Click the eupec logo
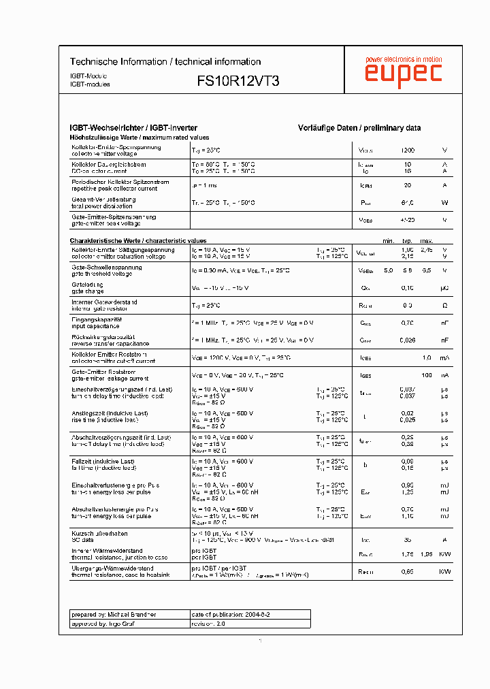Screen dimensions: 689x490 403,74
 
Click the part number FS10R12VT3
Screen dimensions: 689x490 238,80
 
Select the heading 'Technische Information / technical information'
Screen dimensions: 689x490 165,62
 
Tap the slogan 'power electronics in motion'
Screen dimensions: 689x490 404,60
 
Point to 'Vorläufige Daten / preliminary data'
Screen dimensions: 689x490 359,128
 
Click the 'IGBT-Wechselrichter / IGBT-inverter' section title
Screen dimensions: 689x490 134,128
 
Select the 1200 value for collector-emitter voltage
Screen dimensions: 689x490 407,150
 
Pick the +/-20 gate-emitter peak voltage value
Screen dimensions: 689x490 407,221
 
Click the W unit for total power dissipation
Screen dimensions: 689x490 444,203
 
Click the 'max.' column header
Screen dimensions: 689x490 427,241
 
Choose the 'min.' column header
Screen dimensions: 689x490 389,241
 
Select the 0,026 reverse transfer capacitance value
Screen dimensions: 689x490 407,340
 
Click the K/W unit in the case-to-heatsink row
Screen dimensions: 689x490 444,572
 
